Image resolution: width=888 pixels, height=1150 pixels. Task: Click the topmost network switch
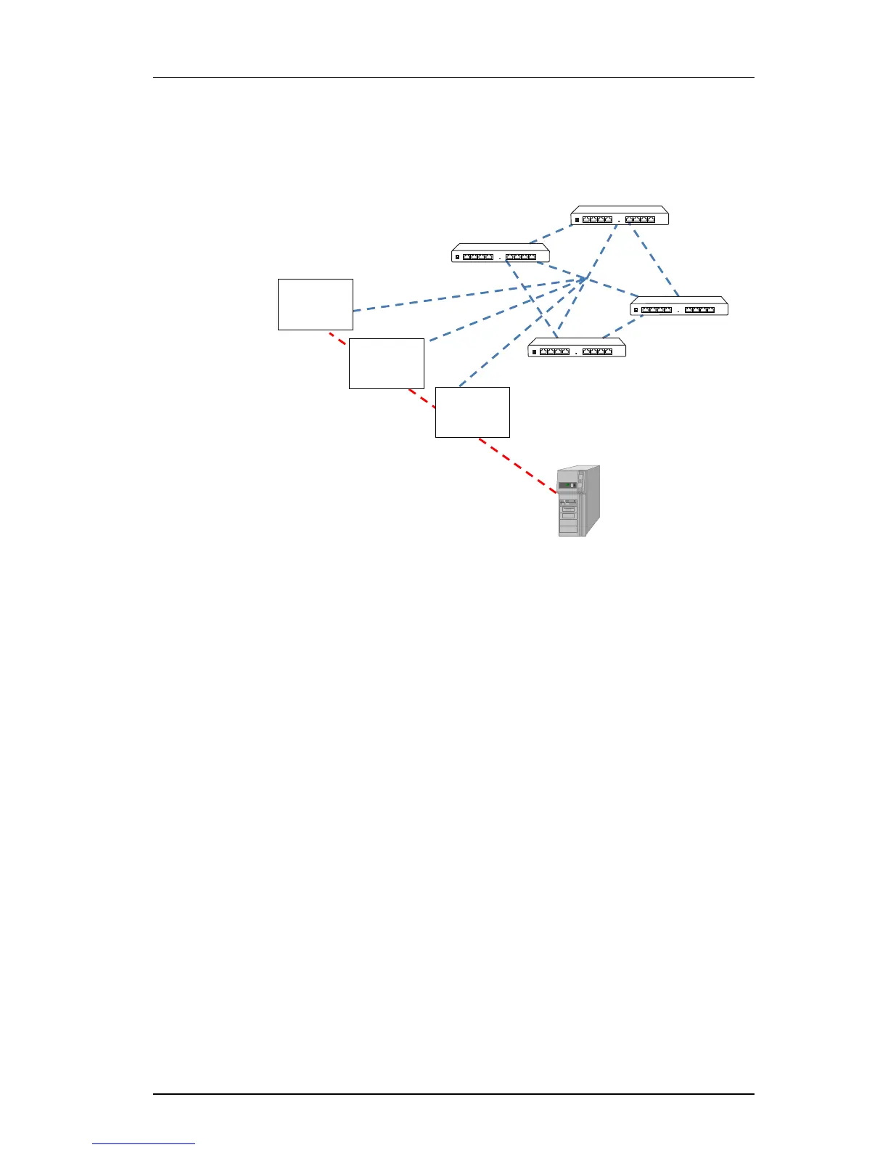tap(620, 216)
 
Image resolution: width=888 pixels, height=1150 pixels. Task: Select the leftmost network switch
tap(501, 254)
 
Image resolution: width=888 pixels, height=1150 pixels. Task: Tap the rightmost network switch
tap(679, 307)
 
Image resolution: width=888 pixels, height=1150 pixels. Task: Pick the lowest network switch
tap(577, 349)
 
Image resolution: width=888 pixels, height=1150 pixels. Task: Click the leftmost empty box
tap(316, 304)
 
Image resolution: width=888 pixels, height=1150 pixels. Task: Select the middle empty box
tap(387, 364)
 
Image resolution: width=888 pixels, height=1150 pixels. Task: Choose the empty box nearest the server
tap(472, 412)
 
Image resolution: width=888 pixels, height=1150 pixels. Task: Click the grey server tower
tap(578, 501)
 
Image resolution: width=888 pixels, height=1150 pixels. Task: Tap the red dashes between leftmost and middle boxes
tap(338, 339)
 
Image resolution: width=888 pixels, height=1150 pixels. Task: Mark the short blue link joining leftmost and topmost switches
tap(550, 234)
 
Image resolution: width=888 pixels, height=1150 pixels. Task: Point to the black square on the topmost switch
tap(577, 219)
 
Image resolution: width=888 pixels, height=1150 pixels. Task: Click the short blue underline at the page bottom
tap(144, 1143)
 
